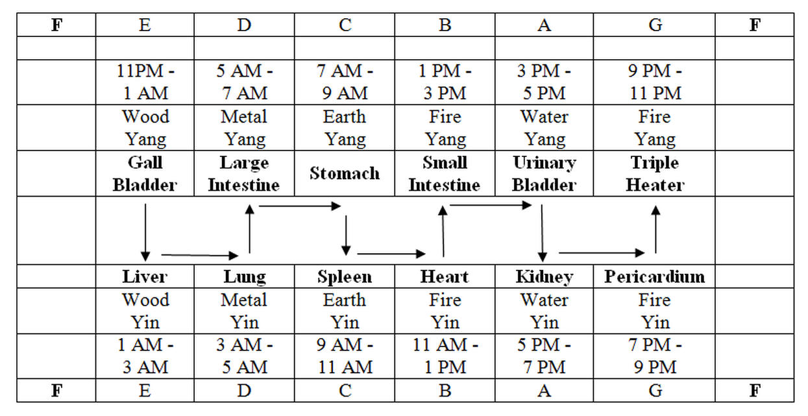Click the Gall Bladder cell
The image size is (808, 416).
coord(145,174)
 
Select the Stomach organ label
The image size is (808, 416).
coord(345,173)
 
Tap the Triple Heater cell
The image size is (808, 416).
coord(655,174)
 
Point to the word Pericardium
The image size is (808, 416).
coord(654,277)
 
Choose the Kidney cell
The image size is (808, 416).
coord(544,277)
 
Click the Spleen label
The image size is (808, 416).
coord(345,277)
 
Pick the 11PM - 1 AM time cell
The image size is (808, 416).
coord(145,82)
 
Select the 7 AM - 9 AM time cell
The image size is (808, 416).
coord(345,82)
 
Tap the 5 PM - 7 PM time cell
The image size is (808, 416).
coord(544,356)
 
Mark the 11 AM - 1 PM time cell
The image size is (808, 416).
coord(445,356)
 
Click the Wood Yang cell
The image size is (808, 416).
coord(145,128)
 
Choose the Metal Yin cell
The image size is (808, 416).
coord(245,311)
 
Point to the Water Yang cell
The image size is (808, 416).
coord(544,128)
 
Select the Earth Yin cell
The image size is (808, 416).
coord(345,311)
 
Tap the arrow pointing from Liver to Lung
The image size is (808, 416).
coord(199,255)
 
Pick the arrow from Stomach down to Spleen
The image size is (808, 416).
coord(346,235)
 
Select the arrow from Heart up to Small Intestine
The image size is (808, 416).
coord(443,231)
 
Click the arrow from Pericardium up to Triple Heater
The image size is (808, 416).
coord(655,230)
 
